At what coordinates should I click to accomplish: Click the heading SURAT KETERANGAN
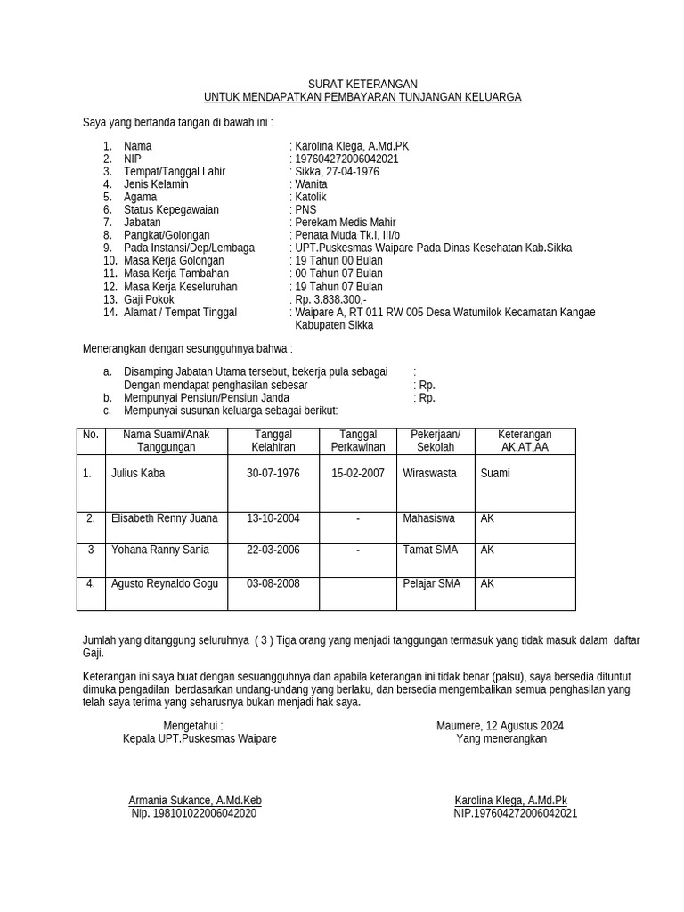(x=362, y=84)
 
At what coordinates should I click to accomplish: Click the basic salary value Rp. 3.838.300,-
(x=330, y=299)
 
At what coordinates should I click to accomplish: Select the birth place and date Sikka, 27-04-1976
(x=337, y=171)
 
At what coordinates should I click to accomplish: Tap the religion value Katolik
(x=311, y=197)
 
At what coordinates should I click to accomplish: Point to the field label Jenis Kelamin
(x=156, y=184)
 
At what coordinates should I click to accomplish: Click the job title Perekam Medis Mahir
(x=346, y=223)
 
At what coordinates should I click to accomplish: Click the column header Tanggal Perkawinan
(x=358, y=440)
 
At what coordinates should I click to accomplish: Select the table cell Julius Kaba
(x=138, y=473)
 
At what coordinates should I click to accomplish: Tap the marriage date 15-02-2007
(x=358, y=473)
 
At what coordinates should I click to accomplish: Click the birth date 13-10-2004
(x=273, y=517)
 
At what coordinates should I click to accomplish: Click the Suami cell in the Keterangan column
(x=495, y=473)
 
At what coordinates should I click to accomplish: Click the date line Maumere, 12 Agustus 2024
(x=500, y=726)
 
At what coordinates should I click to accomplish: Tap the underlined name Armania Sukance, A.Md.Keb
(x=195, y=801)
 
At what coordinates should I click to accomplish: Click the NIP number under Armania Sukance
(x=194, y=813)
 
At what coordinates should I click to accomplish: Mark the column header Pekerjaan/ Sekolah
(x=436, y=440)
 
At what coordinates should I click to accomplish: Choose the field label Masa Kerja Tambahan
(x=176, y=273)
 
